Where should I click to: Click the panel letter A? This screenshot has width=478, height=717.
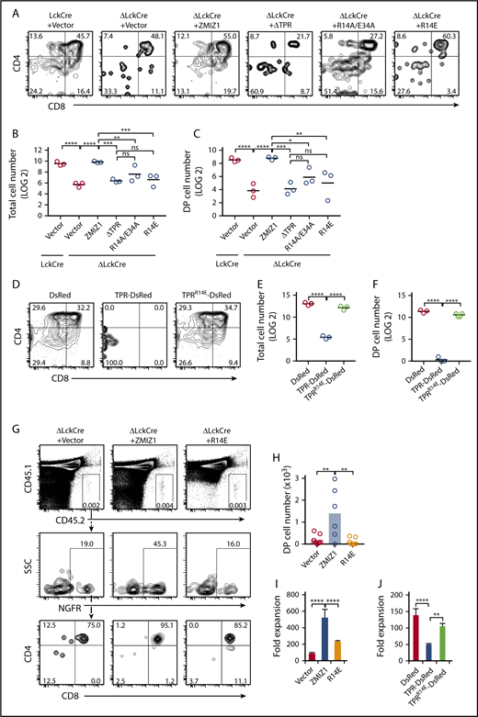(x=8, y=7)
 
